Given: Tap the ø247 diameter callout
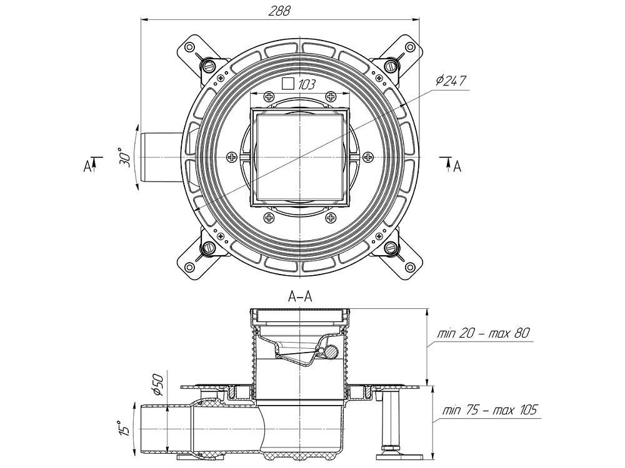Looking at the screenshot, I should click(x=451, y=80).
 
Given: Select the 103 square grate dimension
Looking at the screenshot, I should click(x=306, y=84).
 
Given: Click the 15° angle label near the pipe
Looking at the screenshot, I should click(x=124, y=427).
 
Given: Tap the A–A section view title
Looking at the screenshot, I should click(x=300, y=298).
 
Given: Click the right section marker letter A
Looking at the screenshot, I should click(x=457, y=166).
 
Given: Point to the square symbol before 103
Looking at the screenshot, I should click(x=288, y=84).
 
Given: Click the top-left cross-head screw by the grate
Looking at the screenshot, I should click(x=269, y=97).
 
